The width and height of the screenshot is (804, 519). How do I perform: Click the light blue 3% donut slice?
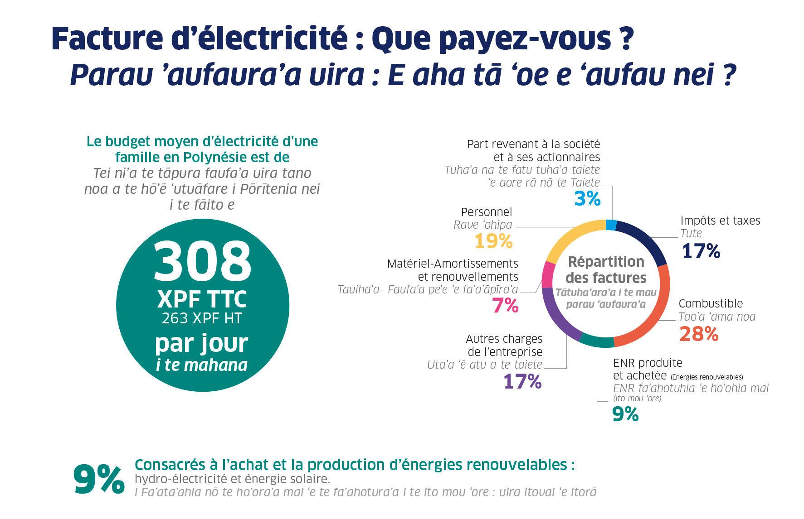pyautogui.click(x=611, y=225)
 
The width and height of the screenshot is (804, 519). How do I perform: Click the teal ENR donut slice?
pyautogui.click(x=596, y=341)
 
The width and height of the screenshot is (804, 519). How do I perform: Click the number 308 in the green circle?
pyautogui.click(x=202, y=261)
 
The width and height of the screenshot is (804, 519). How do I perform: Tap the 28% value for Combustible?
pyautogui.click(x=699, y=334)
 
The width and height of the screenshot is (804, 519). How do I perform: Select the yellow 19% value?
pyautogui.click(x=493, y=241)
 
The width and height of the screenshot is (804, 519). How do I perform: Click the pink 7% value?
pyautogui.click(x=505, y=306)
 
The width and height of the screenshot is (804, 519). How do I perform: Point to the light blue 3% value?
pyautogui.click(x=587, y=198)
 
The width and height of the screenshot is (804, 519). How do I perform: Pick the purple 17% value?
pyautogui.click(x=522, y=382)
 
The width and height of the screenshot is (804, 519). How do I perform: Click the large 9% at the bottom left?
pyautogui.click(x=99, y=479)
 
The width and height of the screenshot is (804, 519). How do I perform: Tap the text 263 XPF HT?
pyautogui.click(x=202, y=318)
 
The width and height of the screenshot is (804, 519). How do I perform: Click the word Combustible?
pyautogui.click(x=711, y=303)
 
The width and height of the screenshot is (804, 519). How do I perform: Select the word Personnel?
pyautogui.click(x=486, y=212)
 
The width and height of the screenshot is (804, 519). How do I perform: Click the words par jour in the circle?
pyautogui.click(x=202, y=343)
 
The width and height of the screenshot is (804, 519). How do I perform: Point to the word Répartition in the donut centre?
pyautogui.click(x=606, y=262)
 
